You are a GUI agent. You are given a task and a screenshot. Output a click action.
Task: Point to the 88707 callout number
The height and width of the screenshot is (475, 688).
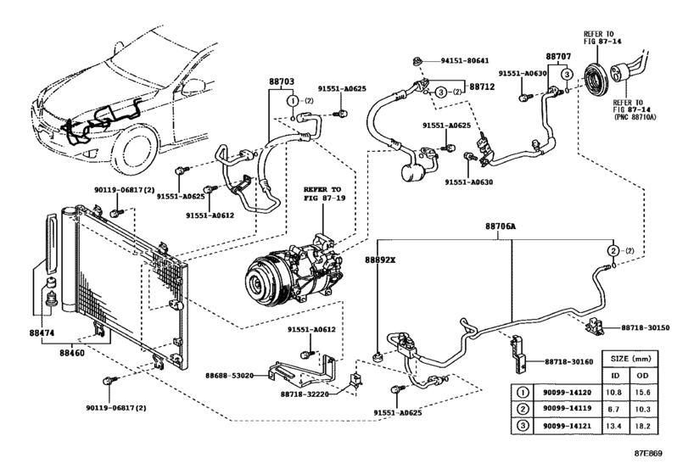click(x=557, y=56)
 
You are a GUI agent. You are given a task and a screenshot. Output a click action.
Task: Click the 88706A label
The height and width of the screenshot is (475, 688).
click(x=501, y=227)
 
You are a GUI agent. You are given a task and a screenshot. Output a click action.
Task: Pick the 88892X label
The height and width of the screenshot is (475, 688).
click(x=381, y=260)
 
